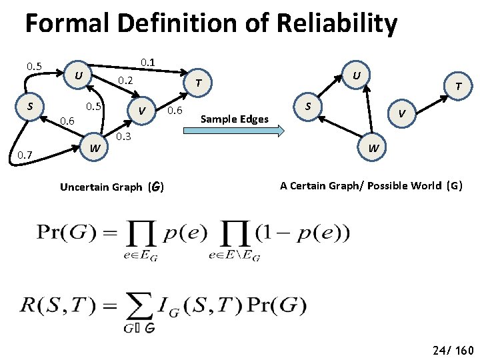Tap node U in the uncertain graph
(x=79, y=74)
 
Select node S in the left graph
(x=30, y=106)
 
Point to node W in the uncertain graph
(x=96, y=147)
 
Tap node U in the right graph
(x=357, y=75)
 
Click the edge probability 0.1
(x=147, y=63)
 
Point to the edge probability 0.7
(x=25, y=155)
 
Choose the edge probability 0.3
(x=123, y=137)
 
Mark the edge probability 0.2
(x=125, y=81)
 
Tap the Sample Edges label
(x=235, y=119)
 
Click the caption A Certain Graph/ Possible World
(x=371, y=186)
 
